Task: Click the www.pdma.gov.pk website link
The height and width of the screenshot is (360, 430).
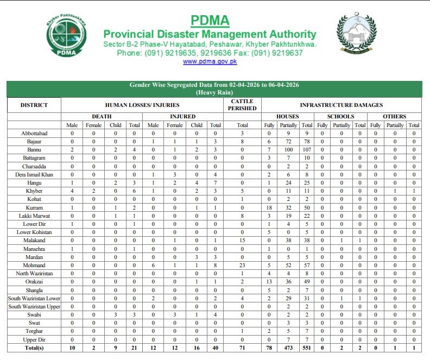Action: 210,62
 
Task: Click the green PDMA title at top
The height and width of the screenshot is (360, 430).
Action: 210,21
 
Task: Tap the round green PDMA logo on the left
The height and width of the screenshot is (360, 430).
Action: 65,37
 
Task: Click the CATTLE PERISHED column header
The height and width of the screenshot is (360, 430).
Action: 243,105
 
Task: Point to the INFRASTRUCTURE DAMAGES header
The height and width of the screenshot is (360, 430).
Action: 341,105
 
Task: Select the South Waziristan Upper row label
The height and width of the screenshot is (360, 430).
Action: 34,306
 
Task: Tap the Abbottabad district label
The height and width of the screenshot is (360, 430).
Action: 34,134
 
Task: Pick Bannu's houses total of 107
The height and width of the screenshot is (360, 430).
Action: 307,149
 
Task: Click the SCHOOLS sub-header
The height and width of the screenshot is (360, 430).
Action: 341,116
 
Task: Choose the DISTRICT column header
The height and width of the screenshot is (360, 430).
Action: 34,105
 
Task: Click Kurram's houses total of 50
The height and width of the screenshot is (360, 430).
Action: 307,208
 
